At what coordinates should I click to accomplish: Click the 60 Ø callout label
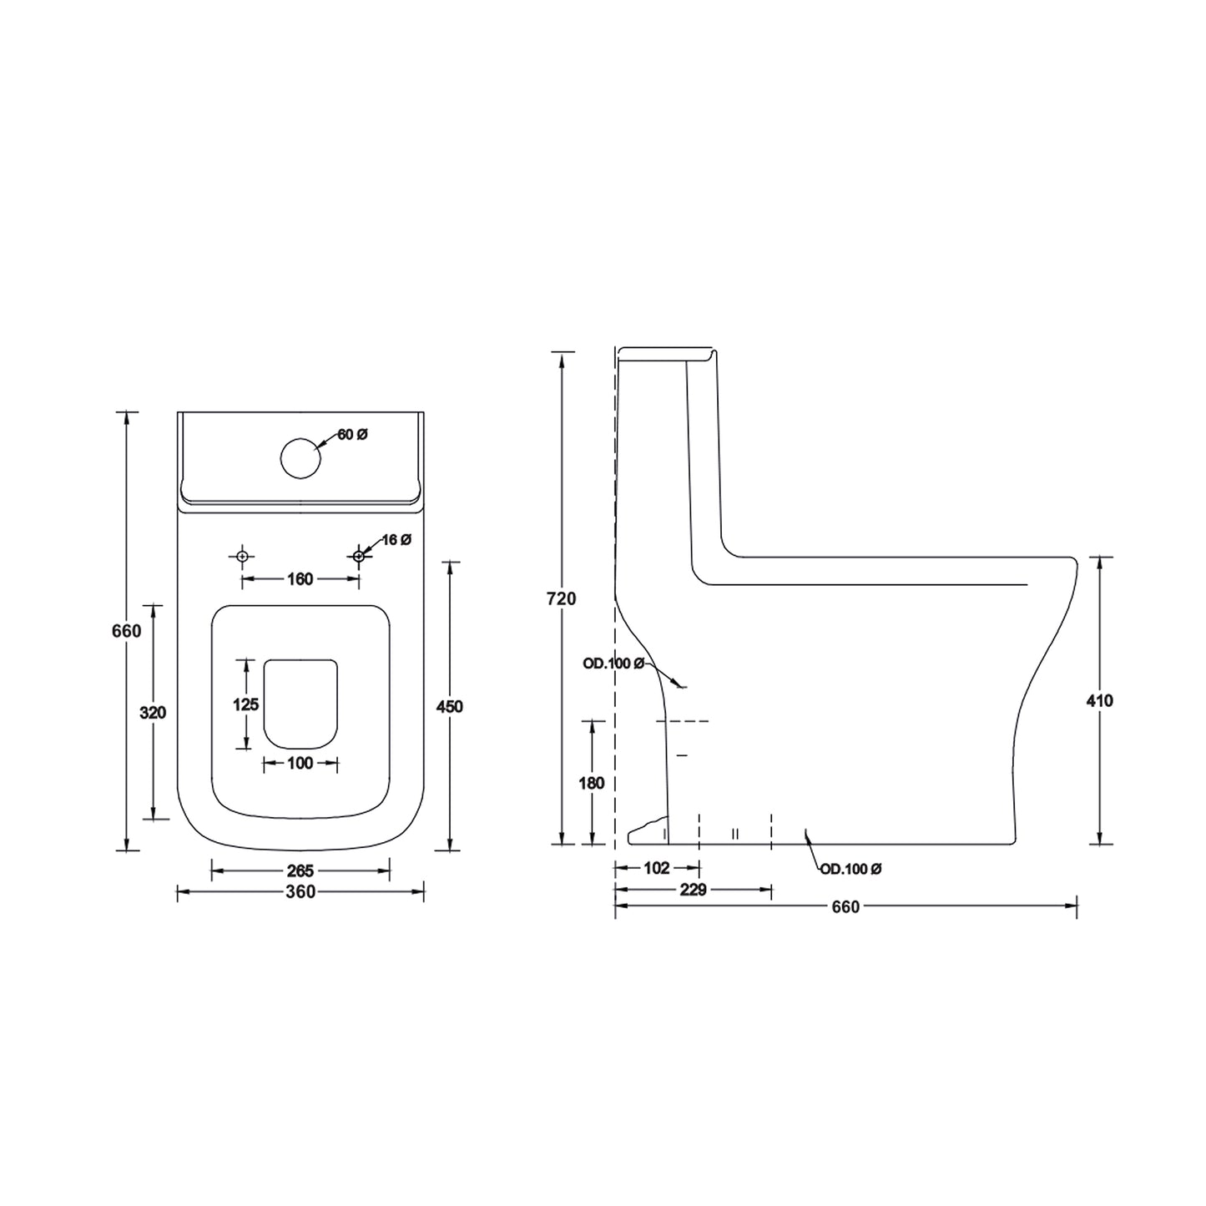[x=353, y=435]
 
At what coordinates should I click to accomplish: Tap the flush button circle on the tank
[x=300, y=458]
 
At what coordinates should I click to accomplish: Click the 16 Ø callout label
[x=396, y=540]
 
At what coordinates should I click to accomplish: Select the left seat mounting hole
[x=242, y=556]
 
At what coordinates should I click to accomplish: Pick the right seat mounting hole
[x=358, y=556]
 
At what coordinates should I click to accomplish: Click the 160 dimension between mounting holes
[x=300, y=579]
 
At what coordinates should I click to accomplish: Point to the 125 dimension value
[x=245, y=704]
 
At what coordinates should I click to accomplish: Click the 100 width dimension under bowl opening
[x=300, y=763]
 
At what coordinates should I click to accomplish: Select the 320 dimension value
[x=154, y=713]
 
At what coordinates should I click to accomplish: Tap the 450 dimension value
[x=449, y=707]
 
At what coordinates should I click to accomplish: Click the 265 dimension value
[x=300, y=871]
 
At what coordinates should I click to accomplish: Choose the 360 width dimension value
[x=300, y=892]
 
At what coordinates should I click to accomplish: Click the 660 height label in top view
[x=127, y=631]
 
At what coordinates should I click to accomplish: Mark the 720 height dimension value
[x=563, y=598]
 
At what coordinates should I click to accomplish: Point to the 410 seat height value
[x=1100, y=701]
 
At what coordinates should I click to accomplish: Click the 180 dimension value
[x=591, y=783]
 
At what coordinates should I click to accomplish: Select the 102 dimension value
[x=657, y=868]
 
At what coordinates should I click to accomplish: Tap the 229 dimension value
[x=693, y=890]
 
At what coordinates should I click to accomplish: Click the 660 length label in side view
[x=845, y=907]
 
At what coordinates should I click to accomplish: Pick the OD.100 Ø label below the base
[x=850, y=870]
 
